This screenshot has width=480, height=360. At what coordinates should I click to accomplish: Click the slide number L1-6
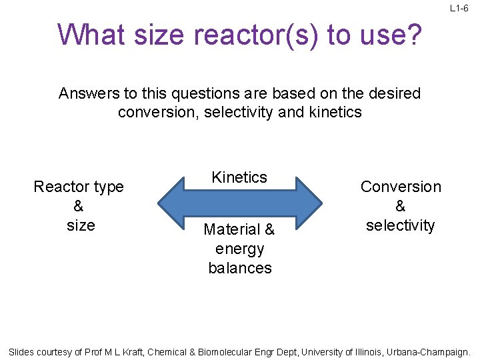(459, 8)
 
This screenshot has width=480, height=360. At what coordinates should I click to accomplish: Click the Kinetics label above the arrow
(239, 177)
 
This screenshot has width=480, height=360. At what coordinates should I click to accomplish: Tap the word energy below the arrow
(239, 249)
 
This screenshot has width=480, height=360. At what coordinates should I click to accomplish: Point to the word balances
(239, 268)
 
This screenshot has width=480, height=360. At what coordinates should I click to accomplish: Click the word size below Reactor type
(81, 225)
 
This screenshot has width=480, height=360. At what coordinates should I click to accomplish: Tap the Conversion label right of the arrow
(401, 187)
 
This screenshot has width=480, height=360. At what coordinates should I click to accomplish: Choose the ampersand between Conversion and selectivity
(401, 207)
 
